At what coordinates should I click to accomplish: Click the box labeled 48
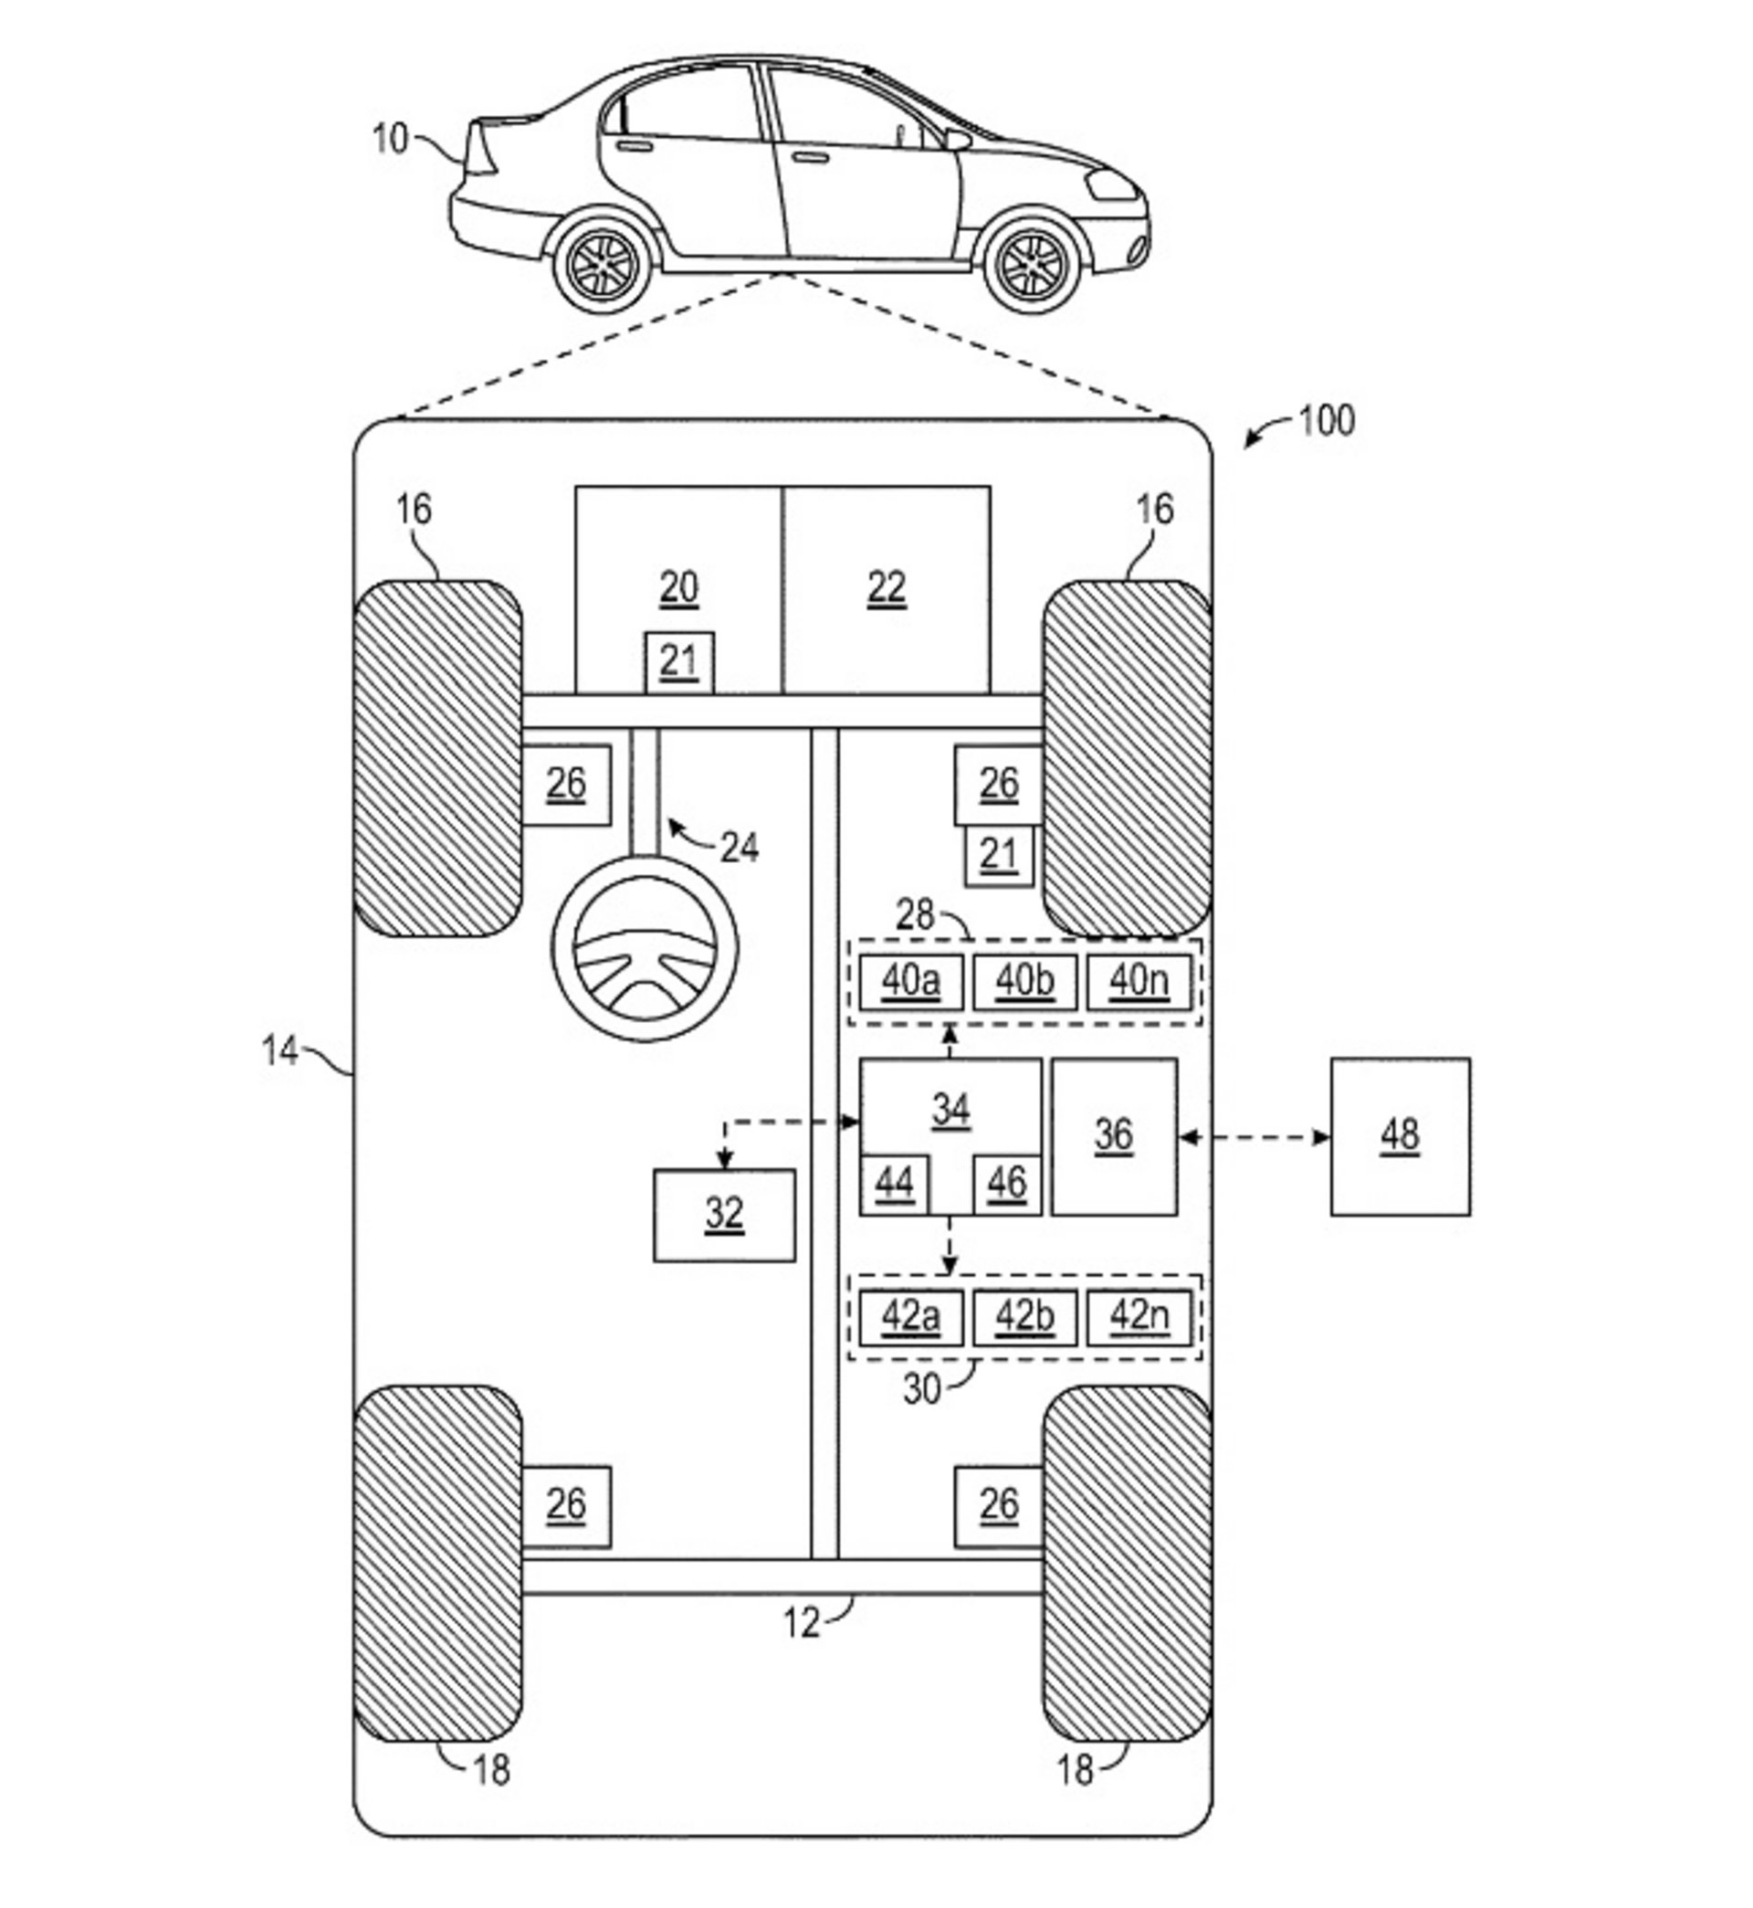click(1401, 1136)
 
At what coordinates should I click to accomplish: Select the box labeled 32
click(724, 1216)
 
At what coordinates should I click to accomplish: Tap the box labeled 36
click(1115, 1136)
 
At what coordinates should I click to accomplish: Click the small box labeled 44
click(894, 1185)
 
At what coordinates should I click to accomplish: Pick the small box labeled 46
click(1007, 1185)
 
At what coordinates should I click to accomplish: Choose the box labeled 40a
click(910, 982)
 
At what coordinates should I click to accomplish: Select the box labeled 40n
click(1139, 982)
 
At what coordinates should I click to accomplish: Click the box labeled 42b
click(1024, 1318)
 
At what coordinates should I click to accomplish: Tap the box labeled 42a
click(910, 1318)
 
